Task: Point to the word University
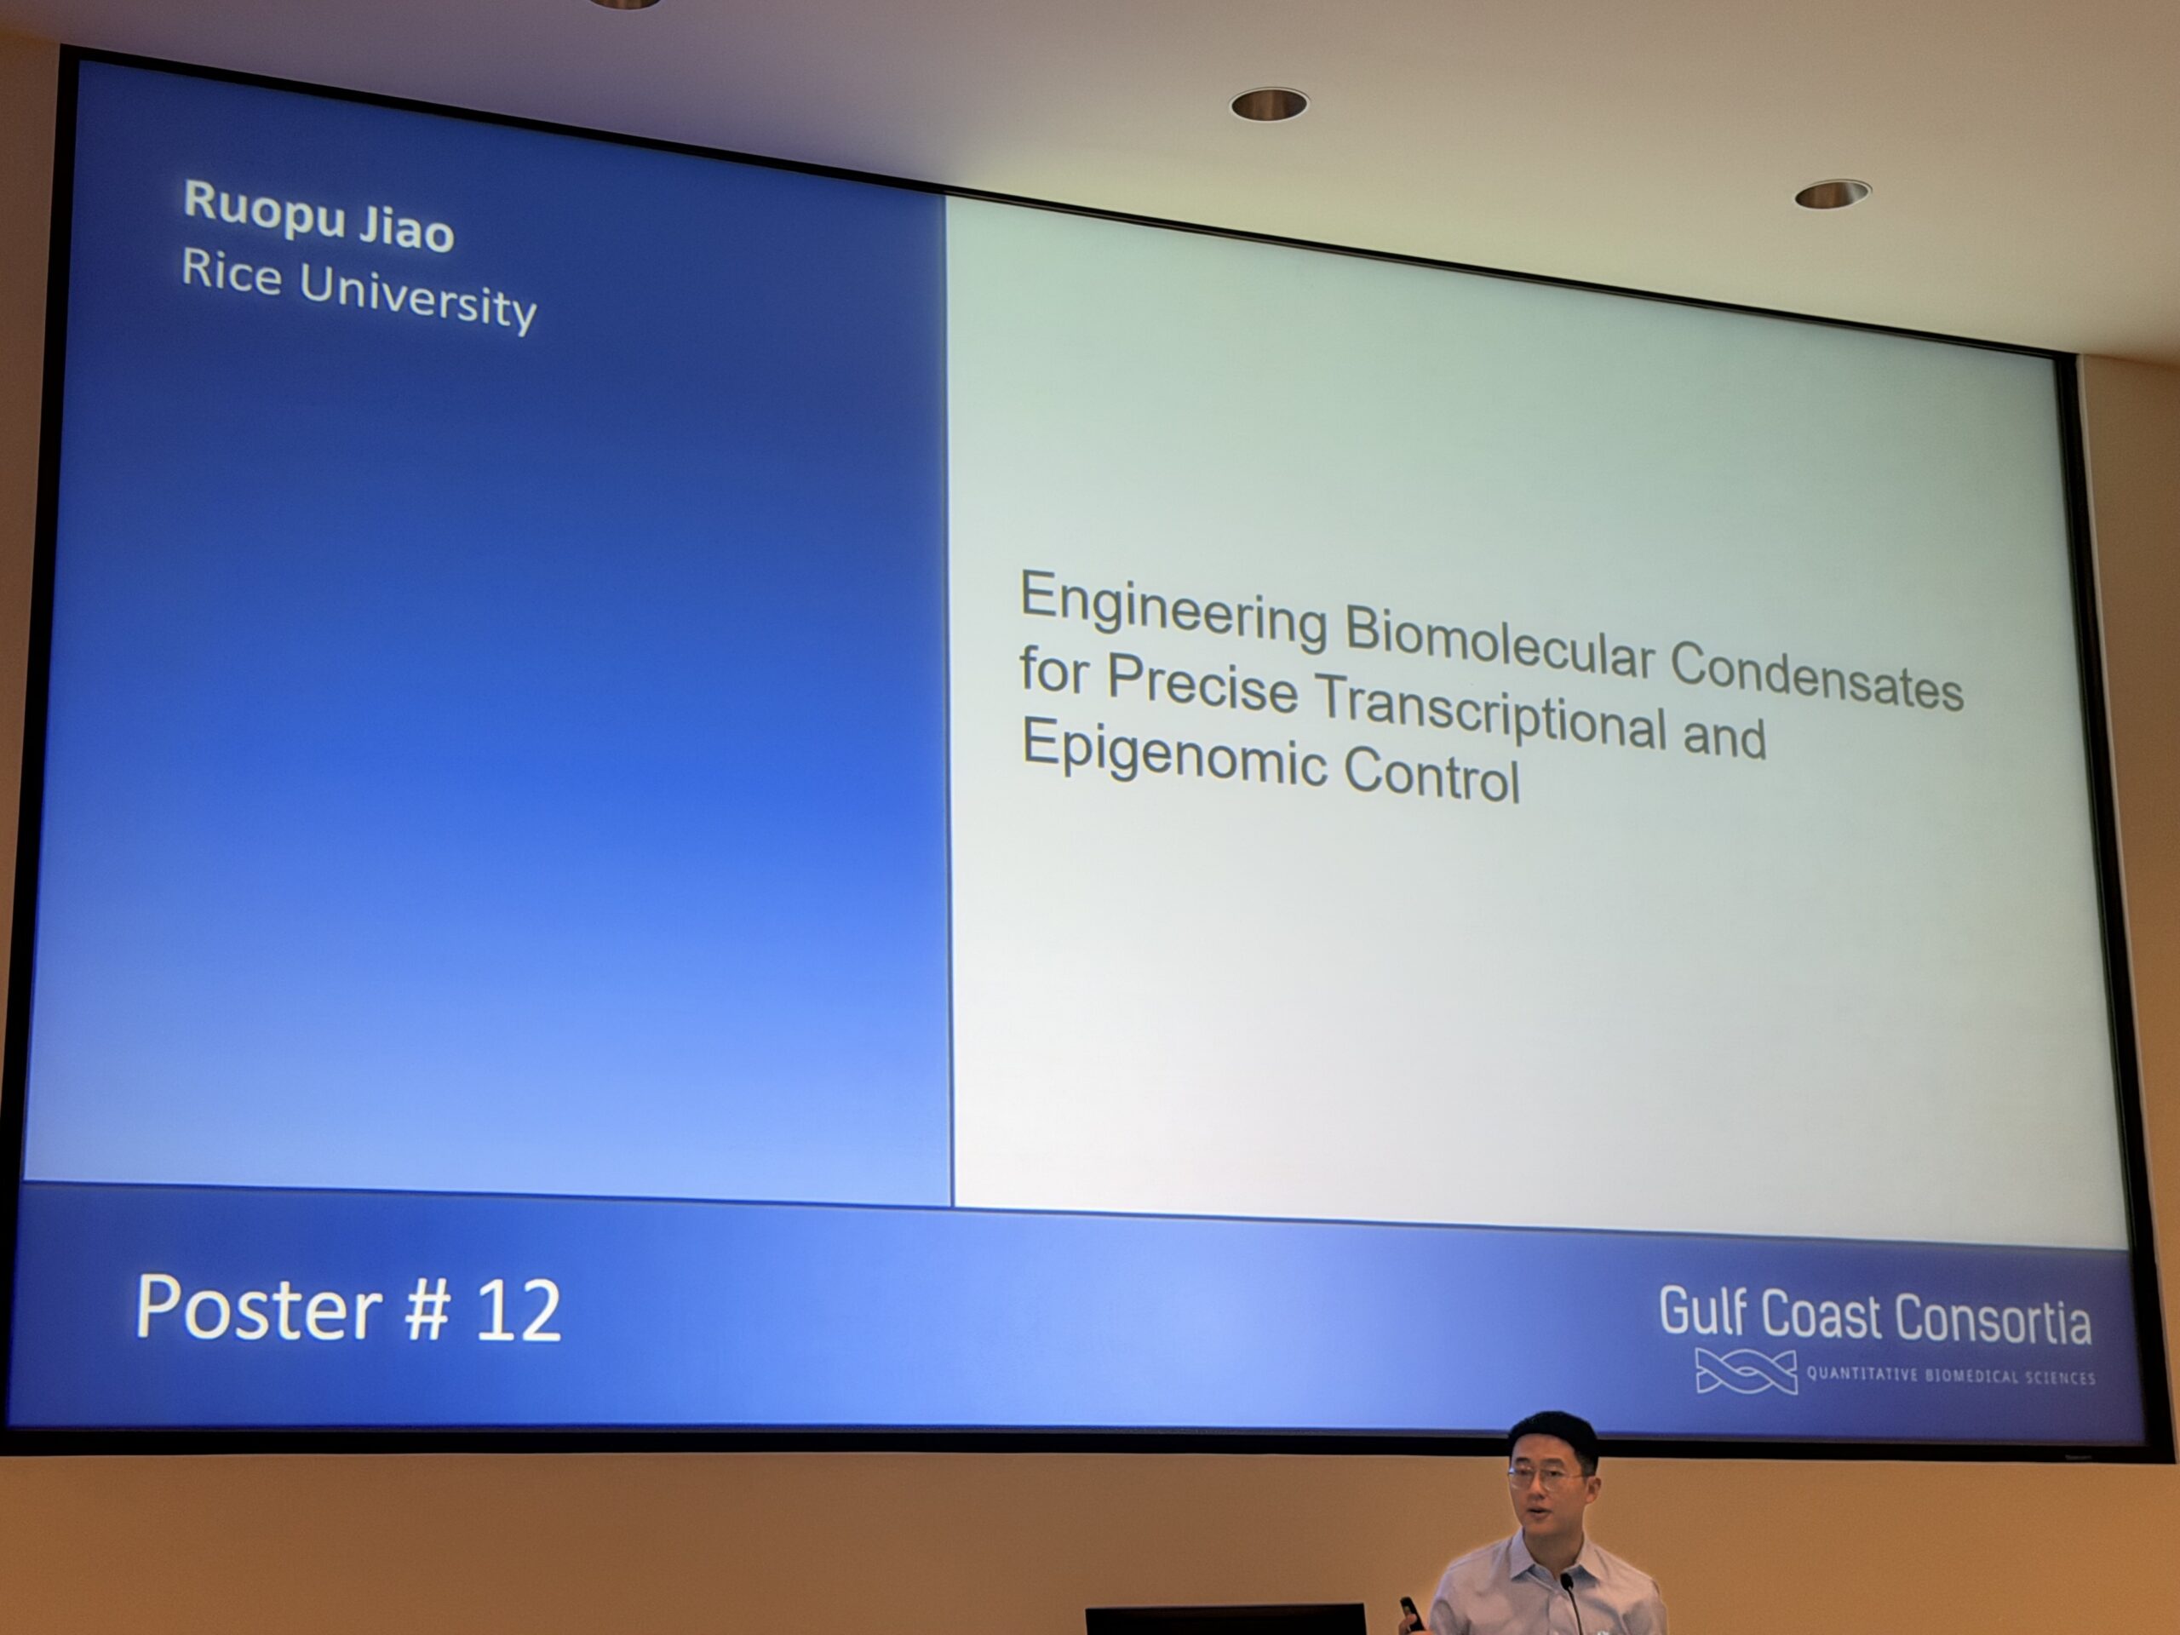tap(418, 299)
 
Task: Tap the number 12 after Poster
tap(519, 1311)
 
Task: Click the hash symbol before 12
tap(427, 1309)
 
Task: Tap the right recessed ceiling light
tap(1832, 194)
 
